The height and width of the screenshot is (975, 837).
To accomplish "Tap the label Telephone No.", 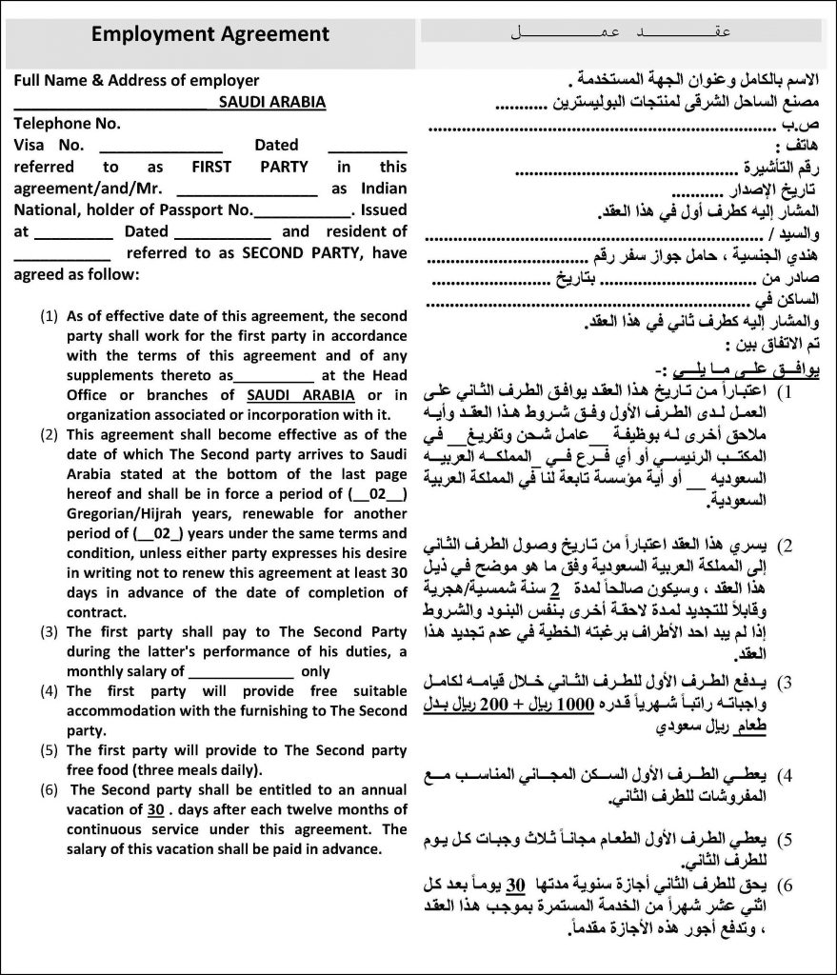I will pos(68,123).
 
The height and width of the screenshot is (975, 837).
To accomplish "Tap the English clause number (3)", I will pos(49,632).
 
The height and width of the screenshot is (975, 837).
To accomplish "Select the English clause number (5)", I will pos(49,751).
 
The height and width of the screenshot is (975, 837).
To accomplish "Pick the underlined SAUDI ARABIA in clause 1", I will pos(300,395).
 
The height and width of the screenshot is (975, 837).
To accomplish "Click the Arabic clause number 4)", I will pos(787,772).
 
